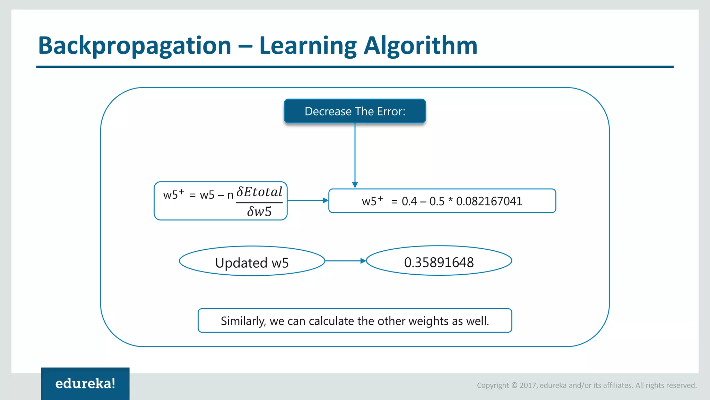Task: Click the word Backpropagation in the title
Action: [x=135, y=46]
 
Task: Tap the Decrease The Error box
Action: [x=355, y=111]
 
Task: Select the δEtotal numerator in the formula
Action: [x=259, y=192]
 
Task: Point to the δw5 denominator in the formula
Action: [x=259, y=211]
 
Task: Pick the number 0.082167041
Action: [x=489, y=201]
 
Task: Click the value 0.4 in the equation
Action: [x=409, y=201]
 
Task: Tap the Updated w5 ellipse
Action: [x=252, y=262]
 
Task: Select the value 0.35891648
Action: [x=439, y=262]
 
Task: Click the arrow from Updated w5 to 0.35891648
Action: [x=345, y=261]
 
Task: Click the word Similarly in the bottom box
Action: [x=243, y=321]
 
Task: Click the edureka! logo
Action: [x=85, y=384]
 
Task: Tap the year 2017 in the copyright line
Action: [x=528, y=385]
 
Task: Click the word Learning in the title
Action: [x=308, y=46]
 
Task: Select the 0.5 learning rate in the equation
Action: [x=437, y=201]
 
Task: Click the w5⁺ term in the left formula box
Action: [x=173, y=194]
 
